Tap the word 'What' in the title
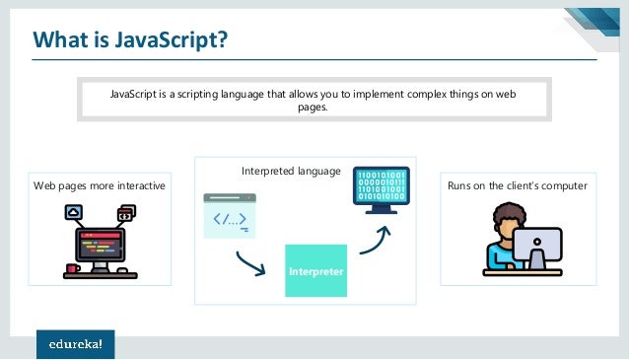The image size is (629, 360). (x=63, y=38)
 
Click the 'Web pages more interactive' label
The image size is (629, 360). (x=99, y=185)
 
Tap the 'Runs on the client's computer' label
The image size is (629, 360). (x=518, y=185)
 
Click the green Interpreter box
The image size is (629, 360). (x=315, y=270)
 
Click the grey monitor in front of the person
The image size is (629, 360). (x=537, y=247)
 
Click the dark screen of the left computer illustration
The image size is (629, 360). (x=100, y=240)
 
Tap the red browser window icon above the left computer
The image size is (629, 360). (x=126, y=212)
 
